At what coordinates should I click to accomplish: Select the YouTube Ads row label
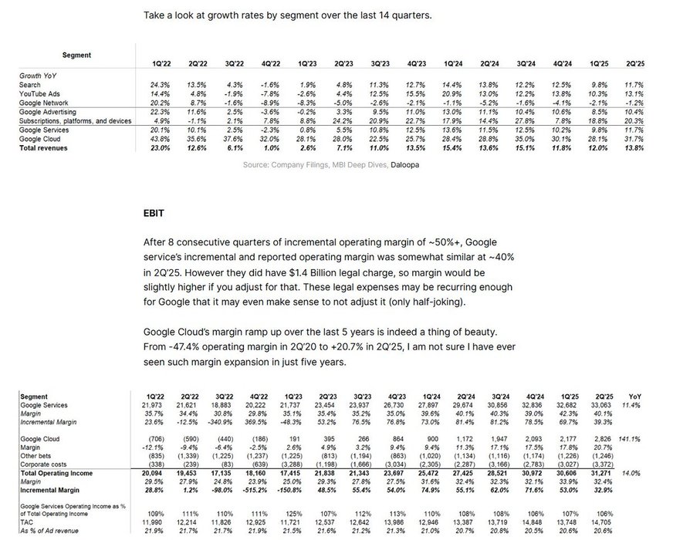39,93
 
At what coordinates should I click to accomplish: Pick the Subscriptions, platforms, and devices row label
76,120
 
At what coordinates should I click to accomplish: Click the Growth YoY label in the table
39,76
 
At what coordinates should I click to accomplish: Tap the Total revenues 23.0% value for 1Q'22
161,147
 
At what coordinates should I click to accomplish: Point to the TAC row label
27,524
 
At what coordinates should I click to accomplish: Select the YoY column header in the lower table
634,396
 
